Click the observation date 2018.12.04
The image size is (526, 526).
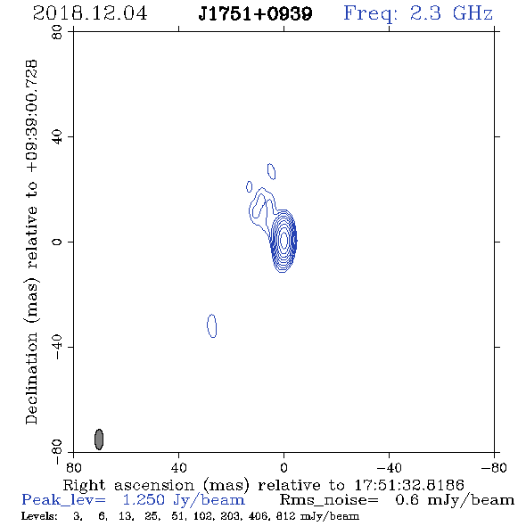[90, 13]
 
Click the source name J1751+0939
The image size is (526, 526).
[255, 13]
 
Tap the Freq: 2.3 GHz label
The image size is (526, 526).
[418, 13]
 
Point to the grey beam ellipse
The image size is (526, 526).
[99, 440]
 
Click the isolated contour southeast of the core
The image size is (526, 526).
[211, 325]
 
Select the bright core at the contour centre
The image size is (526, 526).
[284, 240]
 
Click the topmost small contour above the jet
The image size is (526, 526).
[271, 171]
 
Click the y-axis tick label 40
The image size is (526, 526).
[57, 137]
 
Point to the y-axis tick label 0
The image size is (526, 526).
[57, 242]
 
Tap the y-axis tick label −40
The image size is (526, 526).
[57, 347]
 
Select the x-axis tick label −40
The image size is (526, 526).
[389, 468]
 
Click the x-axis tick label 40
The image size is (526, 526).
[179, 468]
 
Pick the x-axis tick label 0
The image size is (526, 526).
[284, 468]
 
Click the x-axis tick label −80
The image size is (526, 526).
[494, 468]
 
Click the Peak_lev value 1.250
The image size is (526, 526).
[144, 500]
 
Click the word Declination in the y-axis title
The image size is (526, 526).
[31, 378]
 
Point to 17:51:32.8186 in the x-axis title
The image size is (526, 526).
[409, 485]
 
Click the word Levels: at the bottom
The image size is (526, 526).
[39, 516]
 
